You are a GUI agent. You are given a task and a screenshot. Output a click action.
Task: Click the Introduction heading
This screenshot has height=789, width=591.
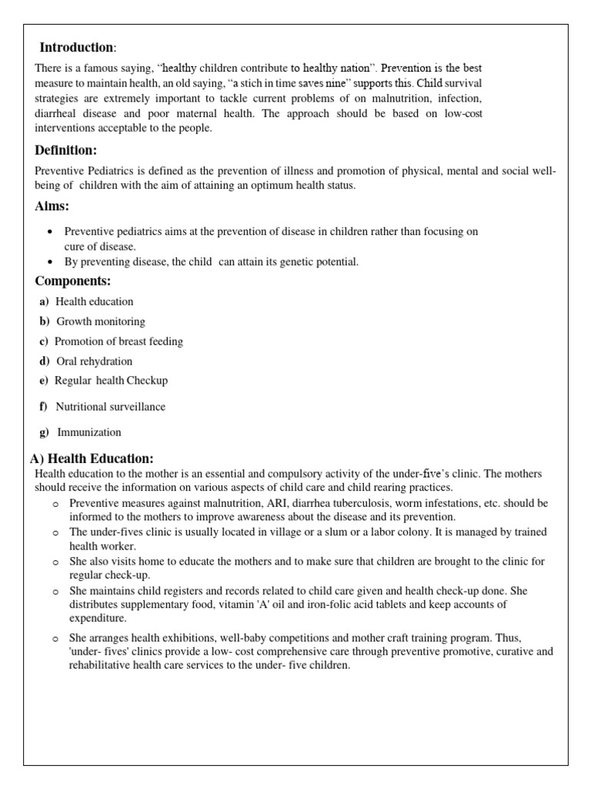77,48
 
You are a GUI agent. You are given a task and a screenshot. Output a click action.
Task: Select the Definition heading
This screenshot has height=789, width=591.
66,150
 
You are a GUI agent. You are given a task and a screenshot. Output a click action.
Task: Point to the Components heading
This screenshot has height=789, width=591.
72,281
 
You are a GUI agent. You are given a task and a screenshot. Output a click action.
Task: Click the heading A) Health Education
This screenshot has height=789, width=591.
92,458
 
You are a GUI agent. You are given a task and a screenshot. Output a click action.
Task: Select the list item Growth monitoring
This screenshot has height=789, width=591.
100,321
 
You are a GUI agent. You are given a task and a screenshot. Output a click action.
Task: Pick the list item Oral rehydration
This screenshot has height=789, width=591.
94,361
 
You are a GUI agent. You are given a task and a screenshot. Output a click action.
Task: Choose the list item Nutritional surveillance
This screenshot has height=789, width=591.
110,407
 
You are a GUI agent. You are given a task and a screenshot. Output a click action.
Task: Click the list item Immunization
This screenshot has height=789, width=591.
88,432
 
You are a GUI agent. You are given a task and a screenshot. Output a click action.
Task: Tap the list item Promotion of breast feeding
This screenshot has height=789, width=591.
119,341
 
